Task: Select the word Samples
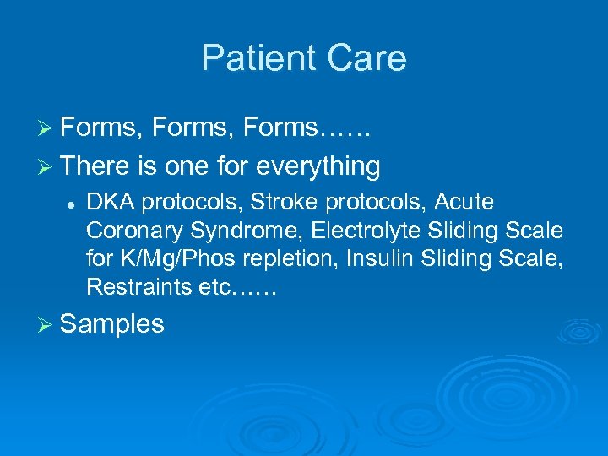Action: point(112,324)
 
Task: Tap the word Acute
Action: point(463,203)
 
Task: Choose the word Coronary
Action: point(125,231)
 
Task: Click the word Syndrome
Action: point(214,231)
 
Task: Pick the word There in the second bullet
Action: point(94,166)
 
